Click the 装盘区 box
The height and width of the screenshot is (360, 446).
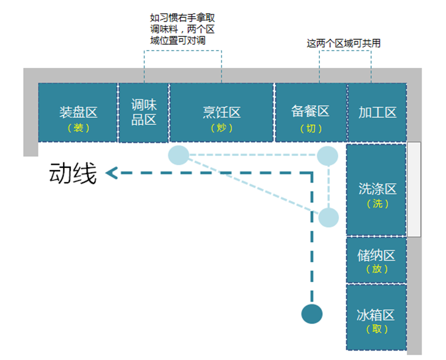78,112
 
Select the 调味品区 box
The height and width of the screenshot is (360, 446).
144,112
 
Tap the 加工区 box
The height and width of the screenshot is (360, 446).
377,112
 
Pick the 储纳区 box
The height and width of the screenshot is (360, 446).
376,260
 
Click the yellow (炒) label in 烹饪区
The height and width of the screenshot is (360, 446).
221,128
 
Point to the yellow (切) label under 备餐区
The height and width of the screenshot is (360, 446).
310,128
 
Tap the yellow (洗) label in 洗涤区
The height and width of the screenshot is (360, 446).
377,204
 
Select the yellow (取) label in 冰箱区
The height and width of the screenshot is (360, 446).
376,329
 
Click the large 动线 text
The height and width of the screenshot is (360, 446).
73,174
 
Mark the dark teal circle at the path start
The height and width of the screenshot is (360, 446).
312,314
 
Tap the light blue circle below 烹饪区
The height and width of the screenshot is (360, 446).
178,155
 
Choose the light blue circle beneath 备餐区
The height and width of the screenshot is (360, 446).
327,156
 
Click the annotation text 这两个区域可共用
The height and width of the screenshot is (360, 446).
344,43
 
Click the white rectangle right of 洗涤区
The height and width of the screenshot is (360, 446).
414,189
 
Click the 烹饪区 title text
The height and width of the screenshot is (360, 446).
221,112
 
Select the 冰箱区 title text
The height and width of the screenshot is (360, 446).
376,315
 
